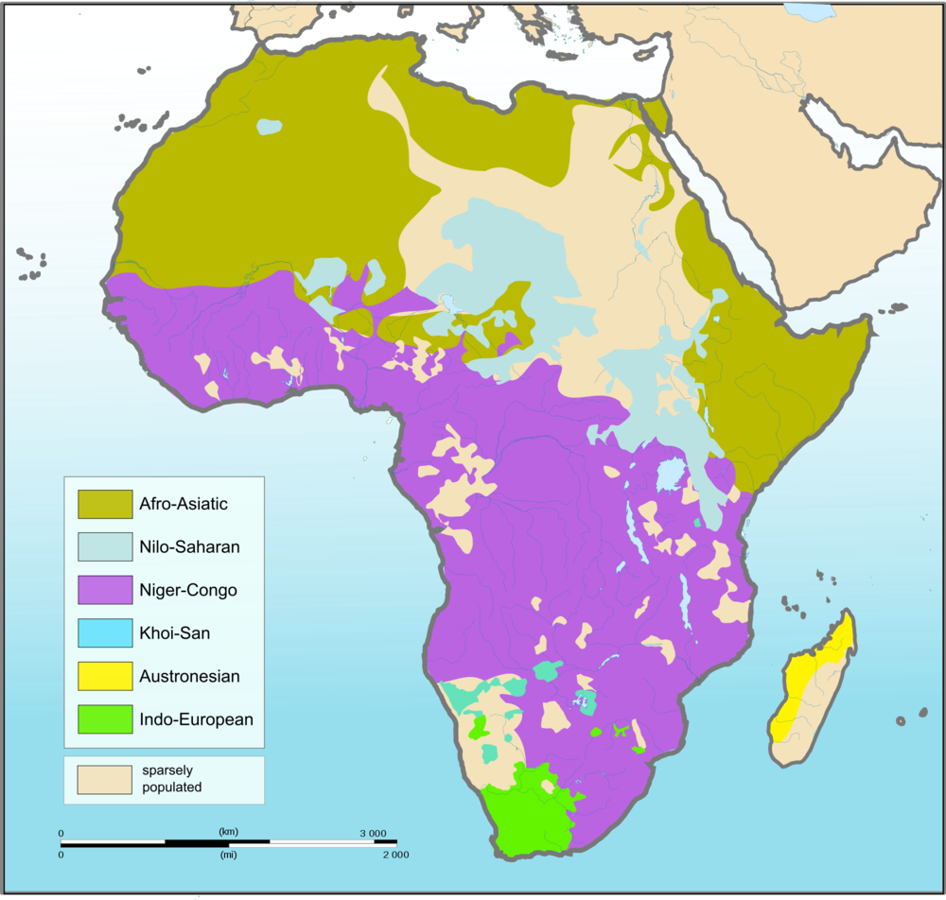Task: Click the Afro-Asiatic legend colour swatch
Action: tap(105, 504)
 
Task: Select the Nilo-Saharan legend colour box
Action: tap(105, 546)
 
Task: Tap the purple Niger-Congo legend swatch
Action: tap(105, 590)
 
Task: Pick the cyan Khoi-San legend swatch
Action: tap(105, 632)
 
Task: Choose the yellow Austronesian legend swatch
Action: tap(105, 676)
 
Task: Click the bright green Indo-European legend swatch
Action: tap(105, 719)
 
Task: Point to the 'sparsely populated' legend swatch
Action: tap(105, 779)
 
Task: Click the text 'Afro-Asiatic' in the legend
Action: tap(184, 504)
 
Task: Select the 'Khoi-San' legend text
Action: tap(175, 633)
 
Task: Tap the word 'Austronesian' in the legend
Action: tap(189, 676)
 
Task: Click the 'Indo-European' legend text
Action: tap(196, 719)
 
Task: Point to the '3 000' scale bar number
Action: tap(371, 833)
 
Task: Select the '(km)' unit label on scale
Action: tap(228, 832)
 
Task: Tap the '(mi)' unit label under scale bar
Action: tap(228, 855)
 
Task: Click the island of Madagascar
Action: tap(814, 690)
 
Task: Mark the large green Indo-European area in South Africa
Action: tap(530, 813)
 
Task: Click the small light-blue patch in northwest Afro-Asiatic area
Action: tap(269, 125)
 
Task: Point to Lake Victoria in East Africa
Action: tap(670, 474)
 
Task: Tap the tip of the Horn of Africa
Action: tap(868, 326)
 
